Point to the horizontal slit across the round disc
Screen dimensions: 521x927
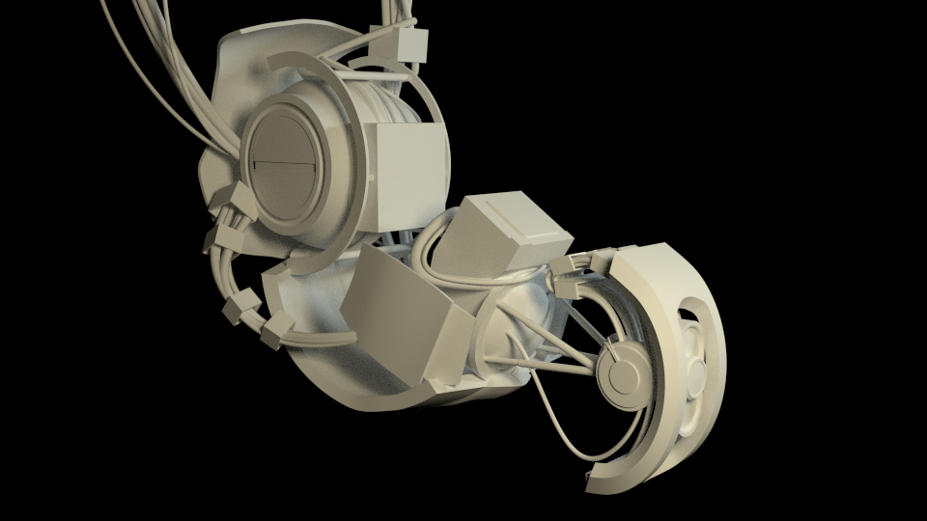tap(281, 165)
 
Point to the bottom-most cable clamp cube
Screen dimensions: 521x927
tap(274, 332)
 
